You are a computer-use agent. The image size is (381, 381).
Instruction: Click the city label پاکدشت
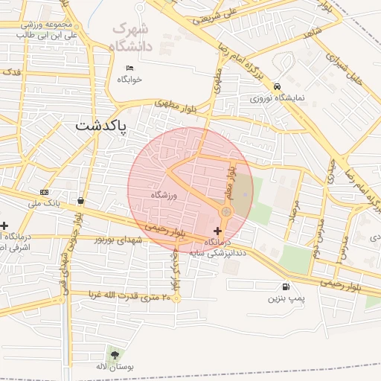pyautogui.click(x=100, y=127)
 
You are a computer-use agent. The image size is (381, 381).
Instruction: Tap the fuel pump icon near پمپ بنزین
pyautogui.click(x=285, y=286)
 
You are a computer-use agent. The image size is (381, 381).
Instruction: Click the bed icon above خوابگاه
pyautogui.click(x=129, y=68)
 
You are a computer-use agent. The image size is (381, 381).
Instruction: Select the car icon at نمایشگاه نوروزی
pyautogui.click(x=277, y=86)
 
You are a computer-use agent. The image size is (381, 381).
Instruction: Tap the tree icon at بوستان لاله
pyautogui.click(x=114, y=353)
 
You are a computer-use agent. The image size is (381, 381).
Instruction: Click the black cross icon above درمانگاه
pyautogui.click(x=217, y=231)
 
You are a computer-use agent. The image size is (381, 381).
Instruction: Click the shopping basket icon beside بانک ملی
pyautogui.click(x=80, y=200)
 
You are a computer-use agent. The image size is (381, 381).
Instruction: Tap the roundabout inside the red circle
pyautogui.click(x=225, y=213)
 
